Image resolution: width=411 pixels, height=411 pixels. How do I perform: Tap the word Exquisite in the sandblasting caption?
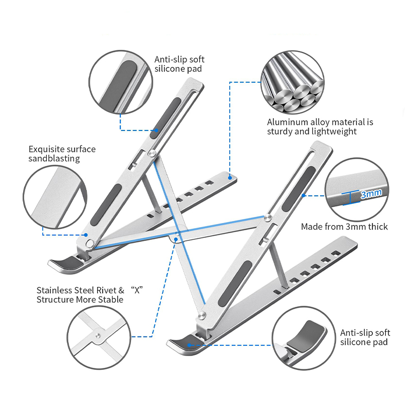45,149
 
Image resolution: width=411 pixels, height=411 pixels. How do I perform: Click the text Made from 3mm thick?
344,227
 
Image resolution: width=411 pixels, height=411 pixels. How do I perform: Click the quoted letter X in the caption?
137,290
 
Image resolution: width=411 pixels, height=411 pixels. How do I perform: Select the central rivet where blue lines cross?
176,238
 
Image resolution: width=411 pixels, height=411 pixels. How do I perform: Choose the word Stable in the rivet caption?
110,299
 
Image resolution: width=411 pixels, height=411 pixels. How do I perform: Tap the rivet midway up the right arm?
268,218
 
